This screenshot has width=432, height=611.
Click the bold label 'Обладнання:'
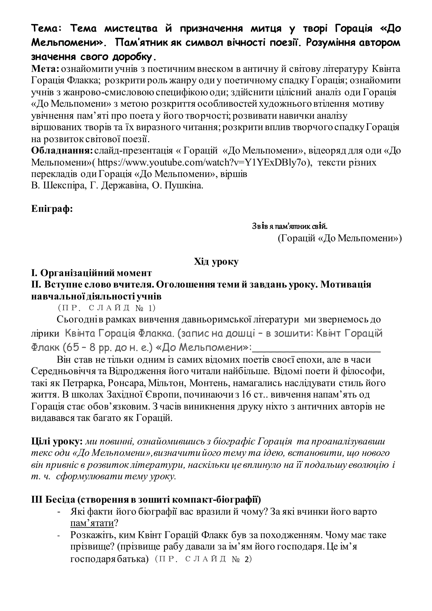click(62, 151)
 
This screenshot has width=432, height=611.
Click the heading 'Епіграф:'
click(52, 208)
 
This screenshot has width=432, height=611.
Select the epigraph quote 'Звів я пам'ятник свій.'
click(289, 226)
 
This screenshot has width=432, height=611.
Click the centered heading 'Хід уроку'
click(216, 262)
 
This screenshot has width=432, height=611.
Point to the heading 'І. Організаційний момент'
click(92, 273)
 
